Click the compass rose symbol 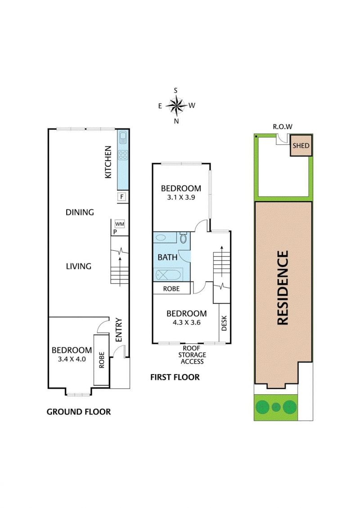tap(176, 106)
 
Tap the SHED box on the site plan tap(301, 146)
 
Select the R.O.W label tap(283, 127)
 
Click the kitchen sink tap(123, 138)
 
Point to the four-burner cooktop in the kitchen tap(123, 155)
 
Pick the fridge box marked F tap(122, 196)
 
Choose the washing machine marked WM tap(120, 223)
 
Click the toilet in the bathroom tap(184, 238)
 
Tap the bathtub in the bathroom tap(168, 275)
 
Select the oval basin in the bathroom tap(162, 238)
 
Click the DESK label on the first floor tap(224, 323)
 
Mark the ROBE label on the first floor tap(171, 288)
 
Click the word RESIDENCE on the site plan tap(283, 288)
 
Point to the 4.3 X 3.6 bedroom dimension tap(186, 322)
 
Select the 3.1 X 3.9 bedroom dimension tap(181, 197)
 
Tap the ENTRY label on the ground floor tap(119, 330)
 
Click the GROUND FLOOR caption tap(79, 412)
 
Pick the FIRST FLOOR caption tap(175, 377)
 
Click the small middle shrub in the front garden tap(276, 407)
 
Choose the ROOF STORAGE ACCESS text tap(192, 355)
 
